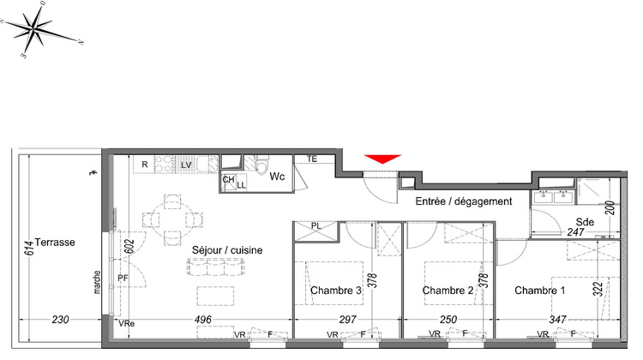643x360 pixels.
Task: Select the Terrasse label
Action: click(x=57, y=243)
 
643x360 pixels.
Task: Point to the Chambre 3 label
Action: click(x=337, y=291)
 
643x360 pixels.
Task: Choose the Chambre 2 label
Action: click(x=448, y=291)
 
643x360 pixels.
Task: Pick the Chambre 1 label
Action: click(x=540, y=291)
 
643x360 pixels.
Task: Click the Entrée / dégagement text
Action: click(x=463, y=201)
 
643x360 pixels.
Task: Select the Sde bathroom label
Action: click(x=586, y=220)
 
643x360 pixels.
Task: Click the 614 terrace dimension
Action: click(x=28, y=249)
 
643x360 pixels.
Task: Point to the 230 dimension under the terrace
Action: click(x=60, y=321)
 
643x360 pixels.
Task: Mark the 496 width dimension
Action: click(x=202, y=321)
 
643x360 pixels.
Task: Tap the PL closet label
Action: click(x=315, y=225)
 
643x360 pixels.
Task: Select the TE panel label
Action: click(x=312, y=159)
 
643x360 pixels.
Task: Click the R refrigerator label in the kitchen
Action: click(x=145, y=164)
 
